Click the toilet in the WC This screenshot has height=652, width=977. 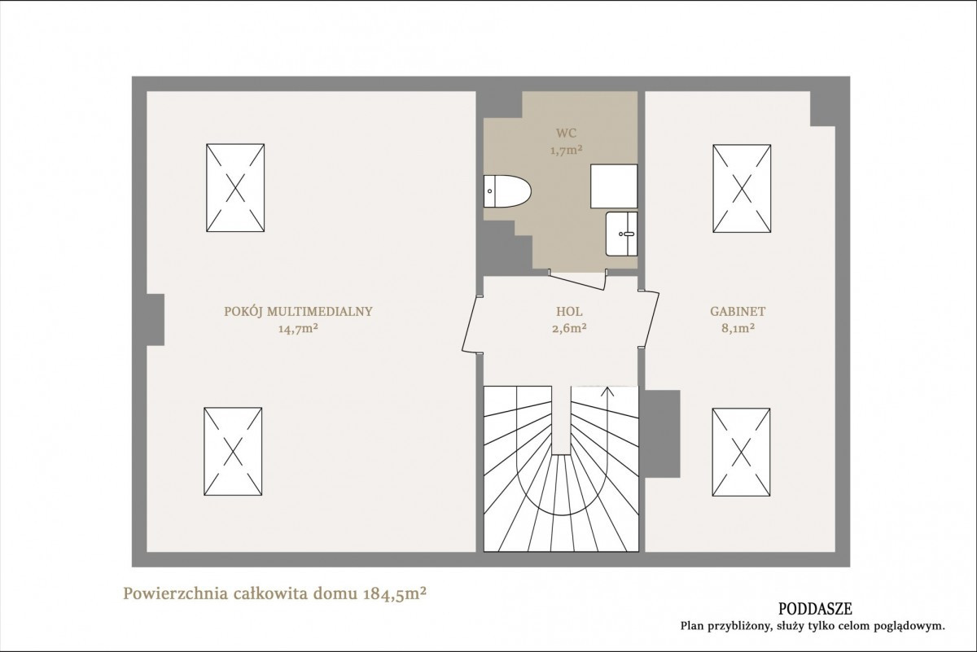tap(506, 191)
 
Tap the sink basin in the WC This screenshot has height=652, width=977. tap(621, 234)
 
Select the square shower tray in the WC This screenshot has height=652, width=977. tap(614, 186)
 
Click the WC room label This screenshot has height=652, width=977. tap(566, 133)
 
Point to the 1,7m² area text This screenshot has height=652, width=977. tap(566, 151)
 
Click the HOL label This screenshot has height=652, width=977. tap(569, 312)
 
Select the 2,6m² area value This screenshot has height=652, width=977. tap(569, 328)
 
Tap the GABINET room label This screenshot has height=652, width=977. tap(738, 312)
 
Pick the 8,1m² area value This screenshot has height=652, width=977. tap(738, 328)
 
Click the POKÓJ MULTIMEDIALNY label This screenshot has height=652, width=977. tap(298, 312)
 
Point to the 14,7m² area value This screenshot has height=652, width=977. tap(298, 328)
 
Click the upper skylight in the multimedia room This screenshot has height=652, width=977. tap(235, 187)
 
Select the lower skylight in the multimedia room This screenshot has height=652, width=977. tap(233, 452)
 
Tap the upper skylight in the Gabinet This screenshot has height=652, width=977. tap(742, 188)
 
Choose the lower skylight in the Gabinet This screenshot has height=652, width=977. tap(741, 453)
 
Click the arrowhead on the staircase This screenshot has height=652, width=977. tap(607, 392)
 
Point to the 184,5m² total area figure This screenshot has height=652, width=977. tap(394, 593)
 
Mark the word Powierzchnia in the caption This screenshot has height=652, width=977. tap(176, 594)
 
